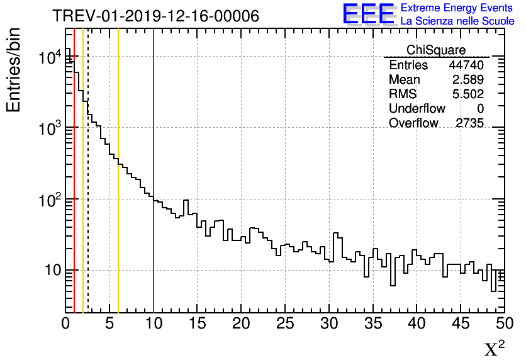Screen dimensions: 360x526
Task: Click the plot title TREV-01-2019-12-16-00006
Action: tap(155, 16)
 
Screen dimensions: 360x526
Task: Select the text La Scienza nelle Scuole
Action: tap(457, 21)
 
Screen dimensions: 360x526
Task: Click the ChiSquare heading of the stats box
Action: tap(436, 50)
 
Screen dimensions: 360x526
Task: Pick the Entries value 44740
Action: tap(466, 65)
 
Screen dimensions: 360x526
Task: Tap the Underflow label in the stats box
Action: tap(417, 109)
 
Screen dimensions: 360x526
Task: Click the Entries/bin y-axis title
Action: tap(14, 70)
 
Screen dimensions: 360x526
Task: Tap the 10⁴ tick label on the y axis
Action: tap(48, 58)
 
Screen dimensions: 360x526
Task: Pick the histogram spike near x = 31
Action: tap(337, 234)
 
